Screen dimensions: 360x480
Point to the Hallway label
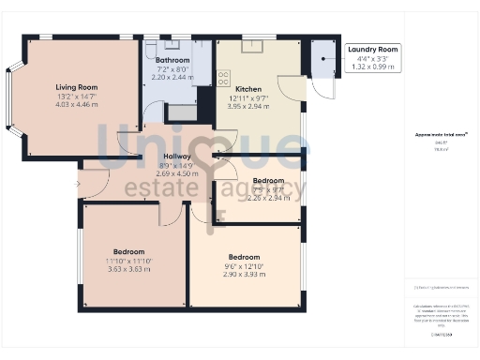point(176,157)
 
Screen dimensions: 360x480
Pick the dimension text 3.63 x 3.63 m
point(129,270)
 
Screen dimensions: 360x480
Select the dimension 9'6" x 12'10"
point(244,265)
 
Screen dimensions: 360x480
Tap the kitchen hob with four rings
point(224,78)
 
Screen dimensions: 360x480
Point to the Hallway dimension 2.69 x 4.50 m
point(176,173)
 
